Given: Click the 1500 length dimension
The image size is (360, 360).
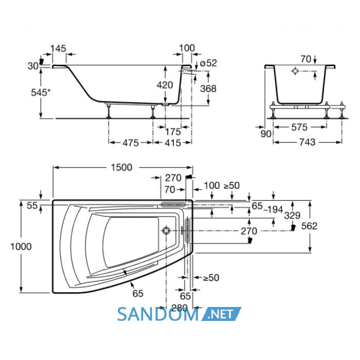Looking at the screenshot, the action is coord(121,167).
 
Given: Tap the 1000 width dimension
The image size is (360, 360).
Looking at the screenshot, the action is coord(21,246).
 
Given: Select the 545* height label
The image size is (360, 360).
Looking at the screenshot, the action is coord(41,92).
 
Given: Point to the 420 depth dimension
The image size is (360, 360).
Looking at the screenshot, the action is coord(165,85).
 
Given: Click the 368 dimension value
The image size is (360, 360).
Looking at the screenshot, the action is coord(208,88).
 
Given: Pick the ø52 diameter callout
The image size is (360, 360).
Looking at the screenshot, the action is coord(208,63).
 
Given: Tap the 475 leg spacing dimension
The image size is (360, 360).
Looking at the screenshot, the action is coord(131,143).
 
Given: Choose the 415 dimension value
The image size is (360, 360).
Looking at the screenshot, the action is coord(173,143).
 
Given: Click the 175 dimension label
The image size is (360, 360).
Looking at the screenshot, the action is coord(173,132).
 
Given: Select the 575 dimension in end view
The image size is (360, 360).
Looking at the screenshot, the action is coord(299,127).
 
